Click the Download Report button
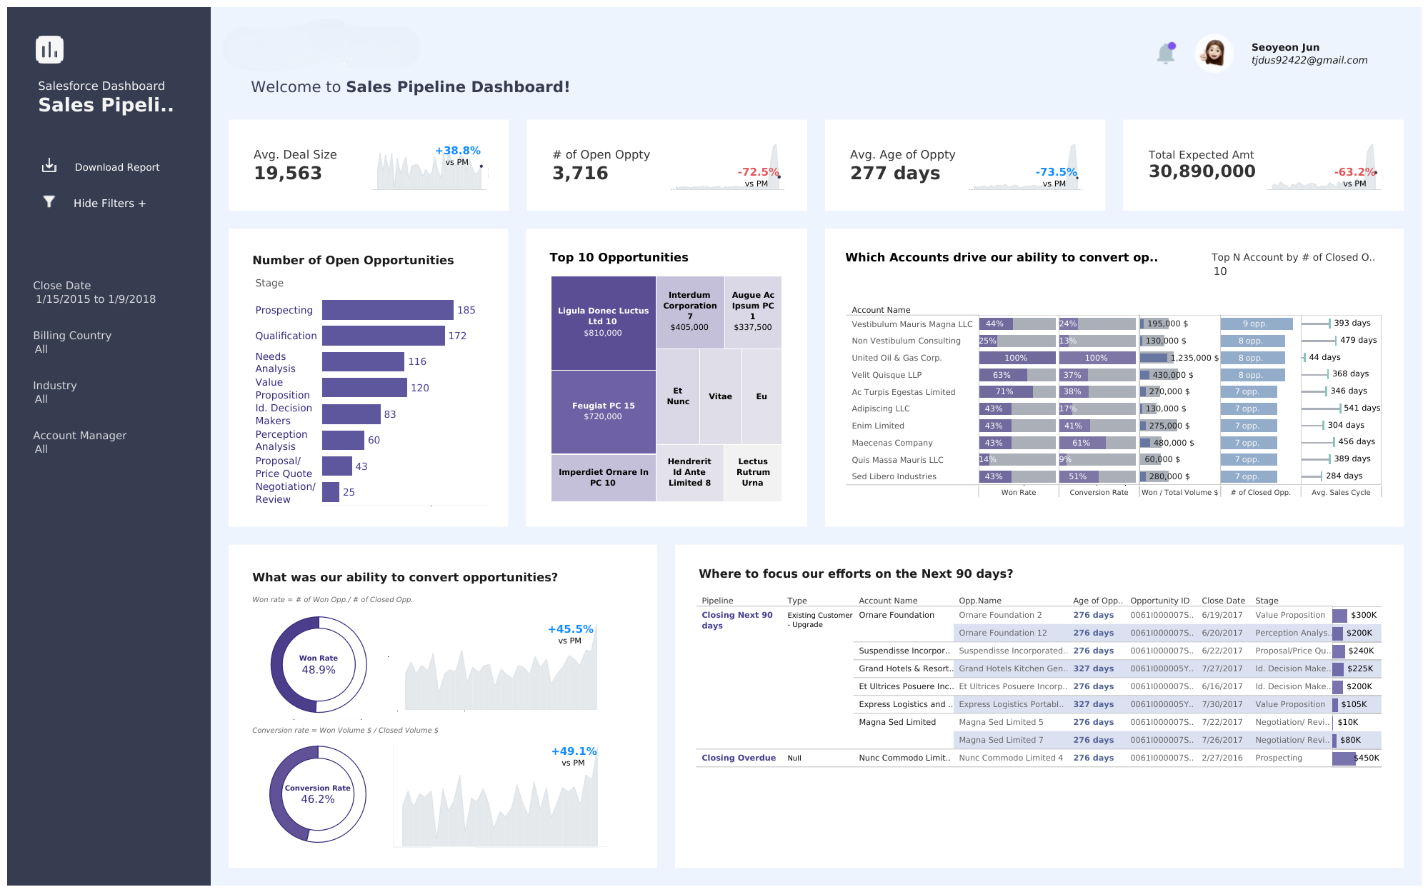(116, 167)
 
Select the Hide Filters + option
(109, 204)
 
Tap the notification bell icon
(1166, 53)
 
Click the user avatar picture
(1214, 53)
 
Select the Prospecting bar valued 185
(387, 310)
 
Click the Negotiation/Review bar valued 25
(330, 492)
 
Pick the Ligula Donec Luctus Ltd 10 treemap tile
(603, 322)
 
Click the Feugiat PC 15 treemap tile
(603, 411)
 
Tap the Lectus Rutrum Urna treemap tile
(752, 472)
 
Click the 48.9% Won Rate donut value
(319, 670)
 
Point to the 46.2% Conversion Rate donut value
(318, 799)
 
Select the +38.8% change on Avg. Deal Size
(457, 151)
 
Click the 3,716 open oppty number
(580, 174)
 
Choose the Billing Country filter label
(72, 336)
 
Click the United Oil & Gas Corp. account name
(897, 358)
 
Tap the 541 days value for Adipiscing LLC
(1362, 409)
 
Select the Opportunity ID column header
(1159, 601)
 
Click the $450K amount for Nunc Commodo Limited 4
(1367, 758)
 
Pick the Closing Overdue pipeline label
(738, 758)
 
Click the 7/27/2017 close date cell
(1222, 668)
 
